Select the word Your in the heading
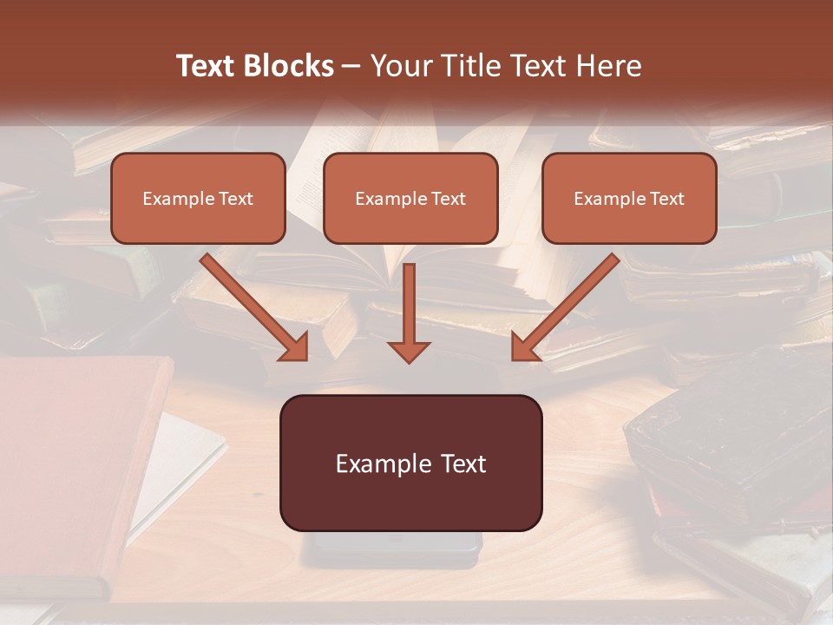point(402,66)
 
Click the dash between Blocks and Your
point(351,67)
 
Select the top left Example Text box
point(198,198)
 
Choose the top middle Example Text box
point(410,198)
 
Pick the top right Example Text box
point(629,198)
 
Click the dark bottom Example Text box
point(410,463)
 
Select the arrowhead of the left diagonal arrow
point(295,346)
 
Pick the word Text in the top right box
point(667,199)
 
